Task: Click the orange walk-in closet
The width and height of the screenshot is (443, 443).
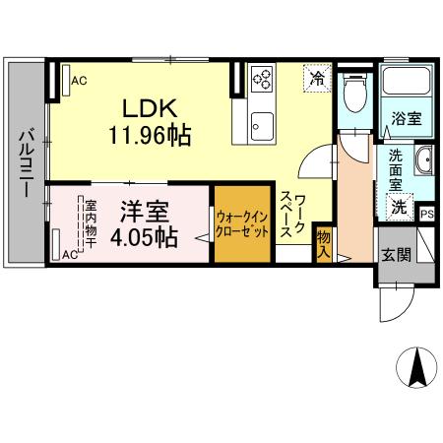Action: [241, 223]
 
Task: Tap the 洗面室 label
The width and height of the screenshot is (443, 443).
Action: [395, 168]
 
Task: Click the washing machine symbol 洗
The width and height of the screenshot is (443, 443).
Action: [400, 207]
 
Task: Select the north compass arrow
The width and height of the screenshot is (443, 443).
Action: [416, 370]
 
